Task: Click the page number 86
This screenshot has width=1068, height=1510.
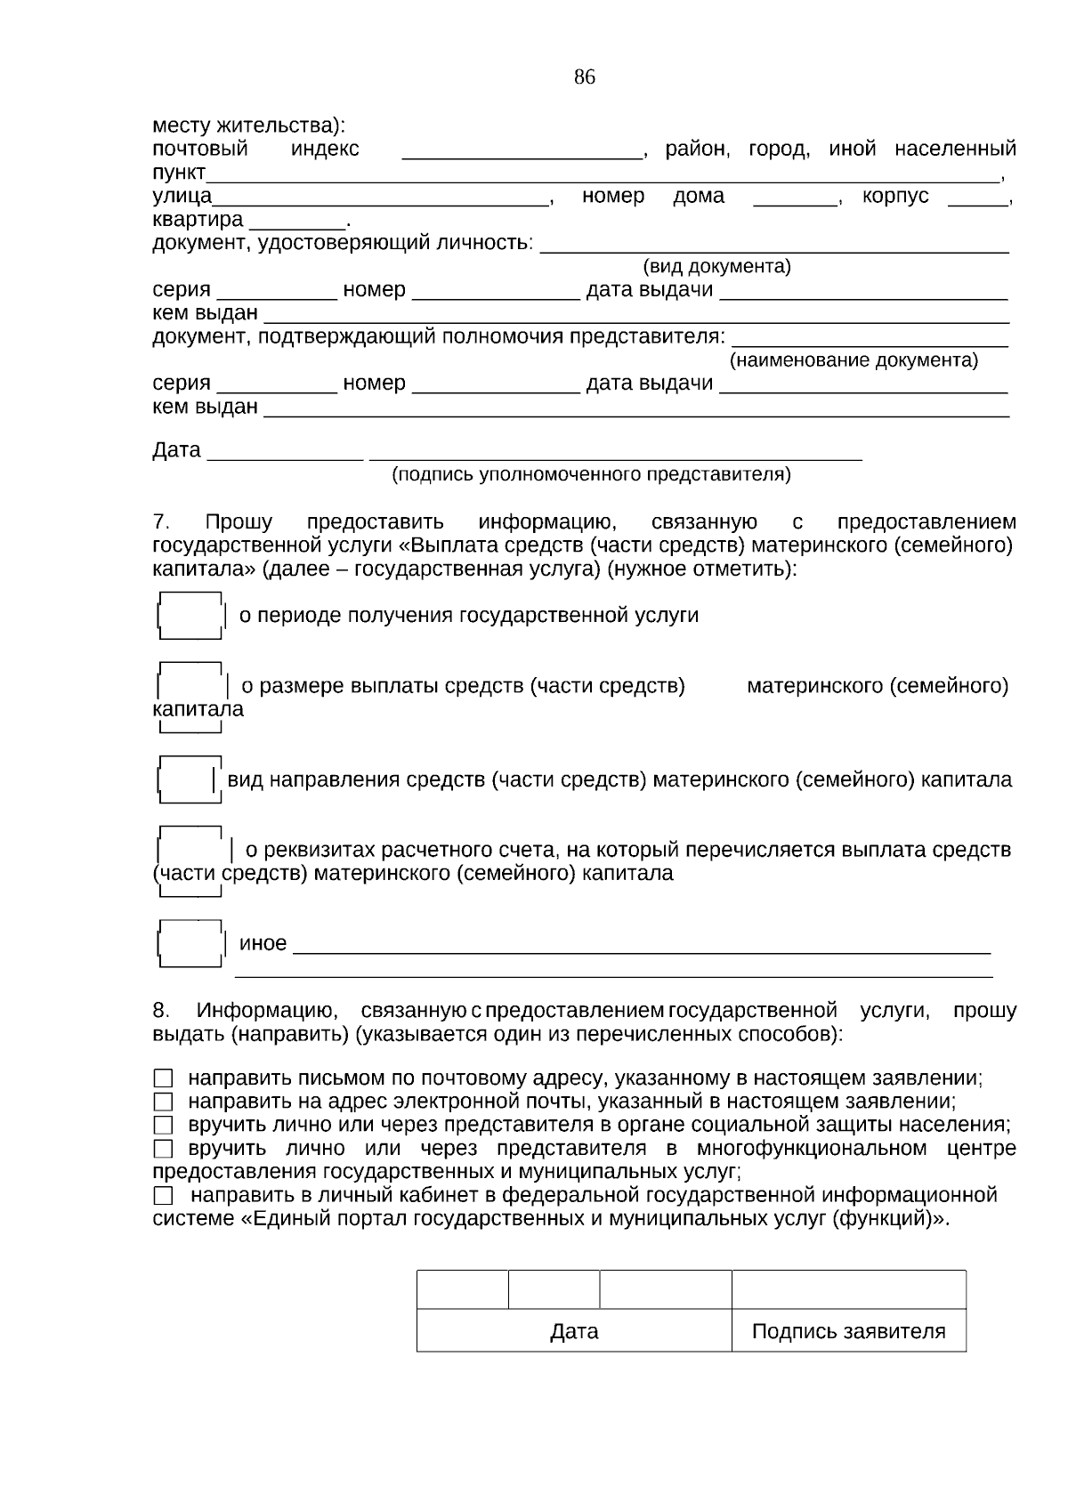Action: click(x=584, y=77)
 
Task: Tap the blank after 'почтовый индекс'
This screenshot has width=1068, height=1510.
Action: click(x=522, y=149)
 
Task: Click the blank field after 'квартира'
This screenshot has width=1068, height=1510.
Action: click(x=297, y=220)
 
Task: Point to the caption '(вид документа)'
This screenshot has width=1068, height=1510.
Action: click(x=716, y=267)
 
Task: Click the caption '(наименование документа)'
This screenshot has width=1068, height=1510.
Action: click(x=853, y=360)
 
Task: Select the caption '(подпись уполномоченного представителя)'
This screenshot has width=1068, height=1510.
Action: click(x=591, y=474)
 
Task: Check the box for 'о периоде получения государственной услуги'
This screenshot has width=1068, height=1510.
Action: click(x=190, y=616)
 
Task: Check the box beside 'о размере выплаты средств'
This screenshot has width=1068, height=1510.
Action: click(x=190, y=687)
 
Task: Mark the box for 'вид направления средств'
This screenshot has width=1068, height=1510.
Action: click(x=187, y=780)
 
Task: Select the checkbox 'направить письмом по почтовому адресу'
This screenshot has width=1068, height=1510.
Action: click(x=162, y=1078)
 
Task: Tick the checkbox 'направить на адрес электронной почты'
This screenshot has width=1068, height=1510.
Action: click(x=162, y=1102)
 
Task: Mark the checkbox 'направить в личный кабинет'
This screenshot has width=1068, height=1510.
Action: click(x=162, y=1195)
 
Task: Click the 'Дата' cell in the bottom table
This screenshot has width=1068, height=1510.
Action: click(x=574, y=1331)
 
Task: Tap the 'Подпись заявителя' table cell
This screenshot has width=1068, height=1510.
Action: click(x=848, y=1331)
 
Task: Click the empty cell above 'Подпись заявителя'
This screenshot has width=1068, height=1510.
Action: click(x=848, y=1289)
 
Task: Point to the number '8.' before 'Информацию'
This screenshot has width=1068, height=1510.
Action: click(x=161, y=1011)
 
